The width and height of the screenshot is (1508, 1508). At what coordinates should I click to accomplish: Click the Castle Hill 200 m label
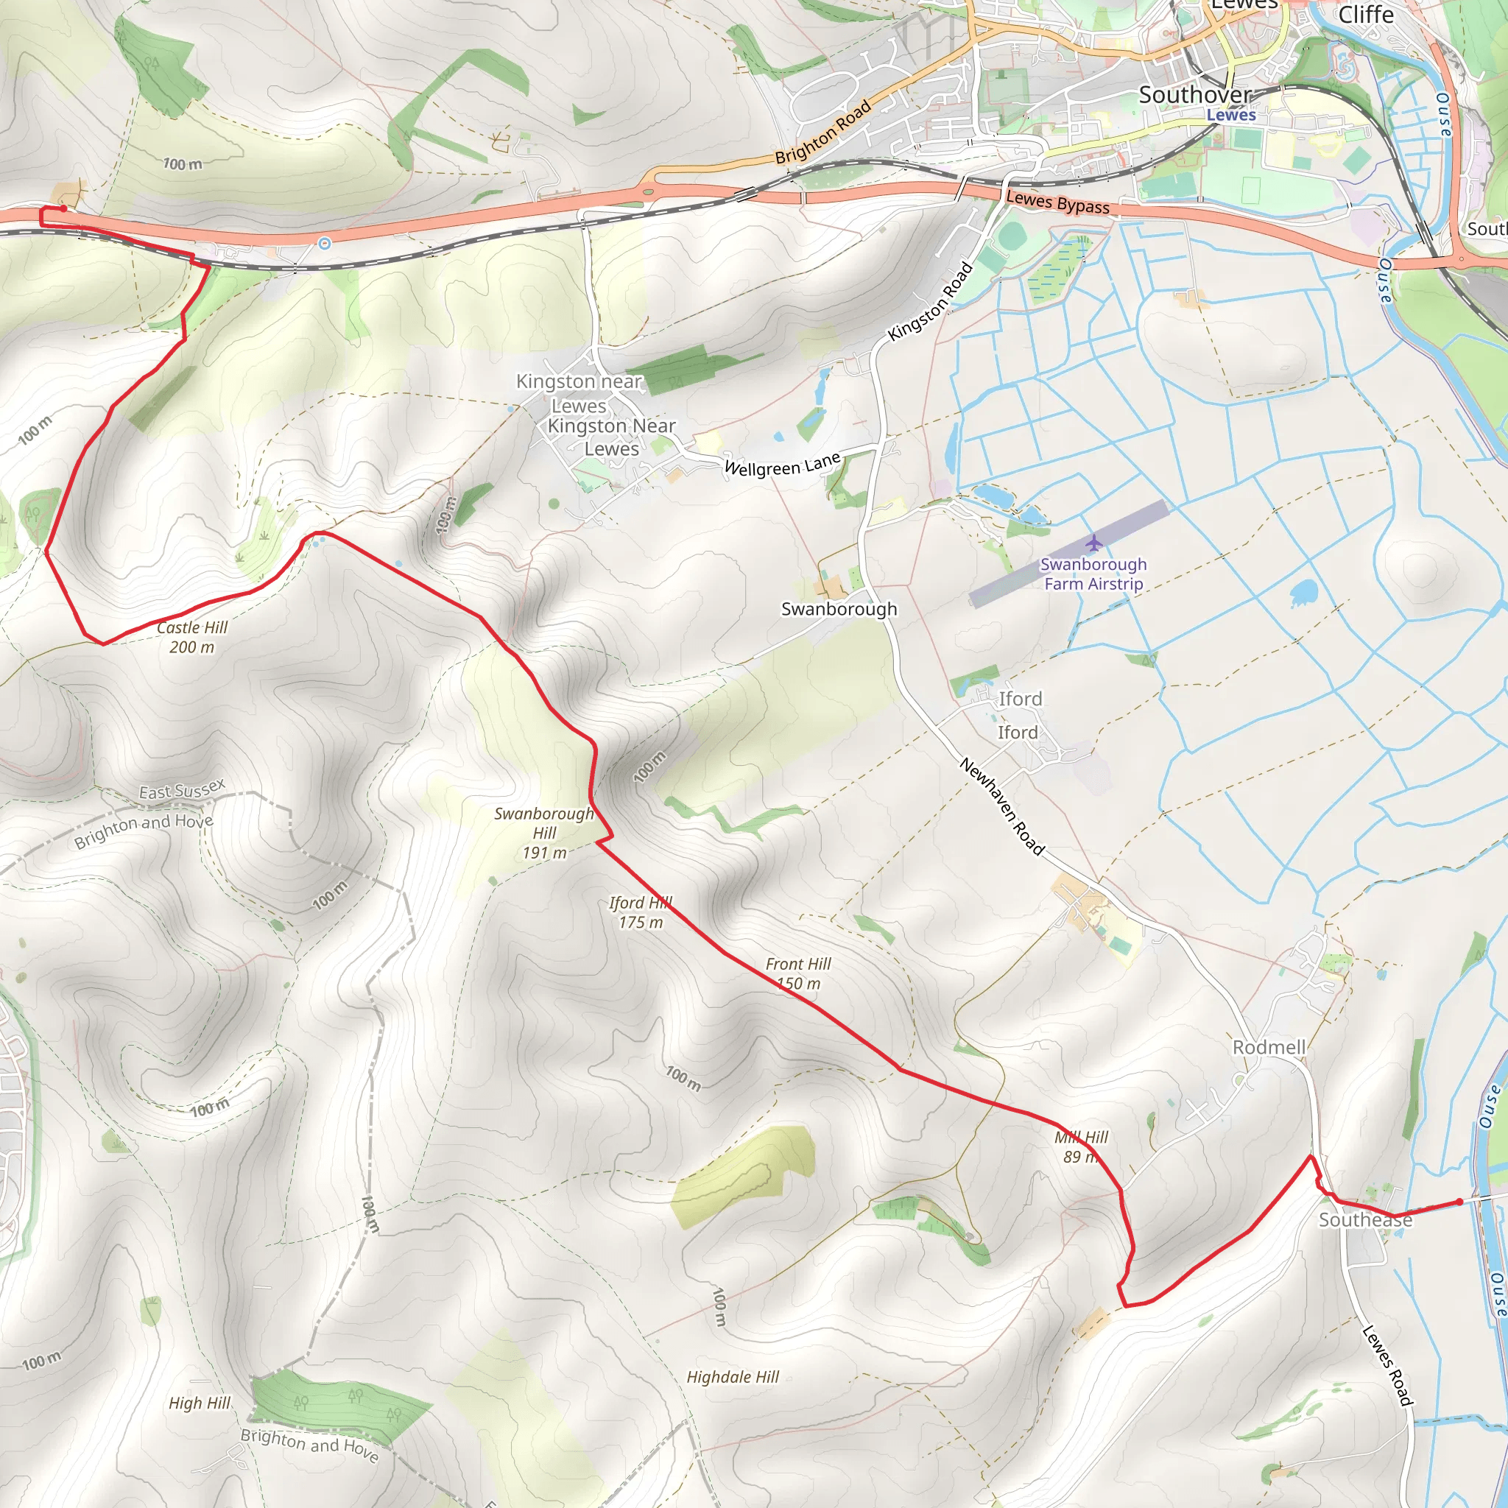click(x=192, y=637)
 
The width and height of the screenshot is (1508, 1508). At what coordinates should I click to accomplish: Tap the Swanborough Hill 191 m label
click(x=544, y=833)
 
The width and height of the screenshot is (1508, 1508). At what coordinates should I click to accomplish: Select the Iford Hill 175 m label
click(x=641, y=912)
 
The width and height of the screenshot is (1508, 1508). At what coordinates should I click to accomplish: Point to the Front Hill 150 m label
click(x=798, y=973)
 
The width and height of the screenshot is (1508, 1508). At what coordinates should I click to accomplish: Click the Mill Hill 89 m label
click(x=1081, y=1146)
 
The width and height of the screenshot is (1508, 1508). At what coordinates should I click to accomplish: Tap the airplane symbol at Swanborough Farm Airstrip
click(x=1093, y=543)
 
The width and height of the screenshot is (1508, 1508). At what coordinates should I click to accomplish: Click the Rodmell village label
click(x=1269, y=1048)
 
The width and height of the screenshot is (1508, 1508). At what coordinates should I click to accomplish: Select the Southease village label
click(x=1365, y=1220)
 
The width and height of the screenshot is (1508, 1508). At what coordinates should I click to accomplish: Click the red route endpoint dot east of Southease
click(x=1459, y=1202)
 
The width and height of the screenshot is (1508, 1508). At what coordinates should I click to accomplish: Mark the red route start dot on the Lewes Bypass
click(x=63, y=208)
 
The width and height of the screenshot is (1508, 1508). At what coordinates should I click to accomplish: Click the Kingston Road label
click(x=931, y=301)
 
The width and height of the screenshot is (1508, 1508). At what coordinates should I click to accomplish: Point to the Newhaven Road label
click(x=1001, y=806)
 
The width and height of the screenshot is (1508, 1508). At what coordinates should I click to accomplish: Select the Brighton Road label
click(x=822, y=133)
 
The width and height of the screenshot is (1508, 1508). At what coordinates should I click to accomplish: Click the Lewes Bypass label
click(x=1057, y=202)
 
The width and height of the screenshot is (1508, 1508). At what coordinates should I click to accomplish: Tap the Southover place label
click(x=1195, y=95)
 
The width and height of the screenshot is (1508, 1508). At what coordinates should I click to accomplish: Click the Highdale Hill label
click(x=733, y=1377)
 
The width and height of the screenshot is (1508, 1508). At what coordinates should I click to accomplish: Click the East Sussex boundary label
click(x=182, y=790)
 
